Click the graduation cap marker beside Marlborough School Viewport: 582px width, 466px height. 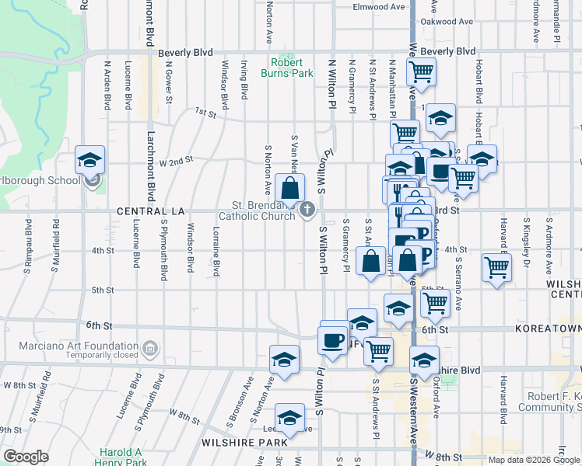[x=89, y=162]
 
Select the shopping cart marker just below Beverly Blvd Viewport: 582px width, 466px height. [x=421, y=72]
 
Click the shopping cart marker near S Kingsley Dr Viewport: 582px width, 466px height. [x=496, y=269]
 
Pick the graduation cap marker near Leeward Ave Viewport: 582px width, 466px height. [x=290, y=419]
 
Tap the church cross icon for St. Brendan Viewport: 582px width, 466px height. [x=308, y=208]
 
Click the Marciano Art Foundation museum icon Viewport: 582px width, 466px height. [x=150, y=346]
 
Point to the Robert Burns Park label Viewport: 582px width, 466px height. [x=292, y=68]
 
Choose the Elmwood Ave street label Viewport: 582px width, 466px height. [x=380, y=7]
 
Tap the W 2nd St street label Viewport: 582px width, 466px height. [x=175, y=162]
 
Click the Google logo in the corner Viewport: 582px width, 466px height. [x=26, y=457]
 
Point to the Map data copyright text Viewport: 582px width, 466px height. [x=534, y=460]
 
